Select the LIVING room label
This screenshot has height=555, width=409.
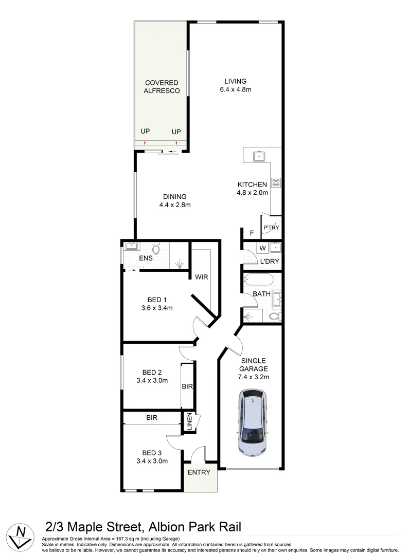235,81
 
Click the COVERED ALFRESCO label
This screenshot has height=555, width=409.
162,86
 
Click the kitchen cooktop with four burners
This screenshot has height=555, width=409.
276,182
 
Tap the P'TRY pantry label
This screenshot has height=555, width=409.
271,228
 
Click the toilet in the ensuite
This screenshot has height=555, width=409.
158,250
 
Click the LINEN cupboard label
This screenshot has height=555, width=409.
189,422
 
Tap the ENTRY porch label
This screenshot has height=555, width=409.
199,472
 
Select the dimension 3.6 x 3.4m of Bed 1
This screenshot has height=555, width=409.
156,308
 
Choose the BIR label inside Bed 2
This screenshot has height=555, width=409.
187,386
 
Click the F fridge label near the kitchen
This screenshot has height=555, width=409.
252,233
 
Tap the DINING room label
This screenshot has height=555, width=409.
175,196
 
